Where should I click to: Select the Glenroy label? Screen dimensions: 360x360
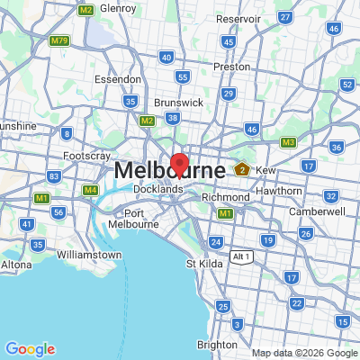coord(119,7)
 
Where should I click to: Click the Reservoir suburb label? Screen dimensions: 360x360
coord(238,18)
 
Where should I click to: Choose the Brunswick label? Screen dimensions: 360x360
coord(177,103)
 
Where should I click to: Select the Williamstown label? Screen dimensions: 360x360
coord(88,255)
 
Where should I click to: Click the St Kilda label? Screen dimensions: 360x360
coord(203,264)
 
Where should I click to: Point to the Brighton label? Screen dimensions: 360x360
coord(217,344)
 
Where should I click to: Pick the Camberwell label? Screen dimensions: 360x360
coord(317,211)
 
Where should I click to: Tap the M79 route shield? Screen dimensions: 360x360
coord(60,40)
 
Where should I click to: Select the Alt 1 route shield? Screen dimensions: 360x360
coord(239,256)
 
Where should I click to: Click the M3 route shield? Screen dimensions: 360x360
coord(288,142)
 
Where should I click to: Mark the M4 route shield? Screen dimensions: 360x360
coord(91,190)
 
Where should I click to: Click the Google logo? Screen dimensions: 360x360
coord(30,348)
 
